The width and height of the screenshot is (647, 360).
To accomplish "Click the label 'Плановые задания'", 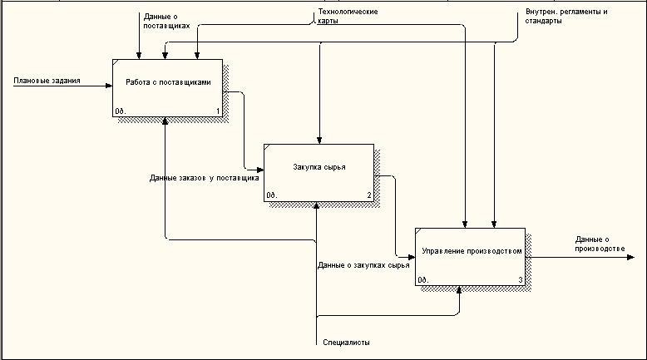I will [x=47, y=81].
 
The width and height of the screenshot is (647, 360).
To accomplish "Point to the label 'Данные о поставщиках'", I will [x=166, y=21].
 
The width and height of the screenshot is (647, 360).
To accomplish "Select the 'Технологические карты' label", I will [x=348, y=17].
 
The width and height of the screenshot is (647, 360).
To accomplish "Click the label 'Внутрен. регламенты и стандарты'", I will [x=566, y=17].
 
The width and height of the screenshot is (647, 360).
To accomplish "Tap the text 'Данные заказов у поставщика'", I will [x=205, y=178].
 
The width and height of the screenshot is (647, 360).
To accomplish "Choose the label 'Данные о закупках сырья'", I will [x=363, y=265].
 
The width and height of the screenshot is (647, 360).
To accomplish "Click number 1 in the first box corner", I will [x=217, y=111].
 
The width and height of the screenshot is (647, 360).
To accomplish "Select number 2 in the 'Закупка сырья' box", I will [x=368, y=195].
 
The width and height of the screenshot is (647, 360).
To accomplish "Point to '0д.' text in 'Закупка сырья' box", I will [x=271, y=196].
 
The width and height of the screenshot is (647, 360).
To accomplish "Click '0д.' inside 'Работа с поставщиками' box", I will [x=120, y=111].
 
